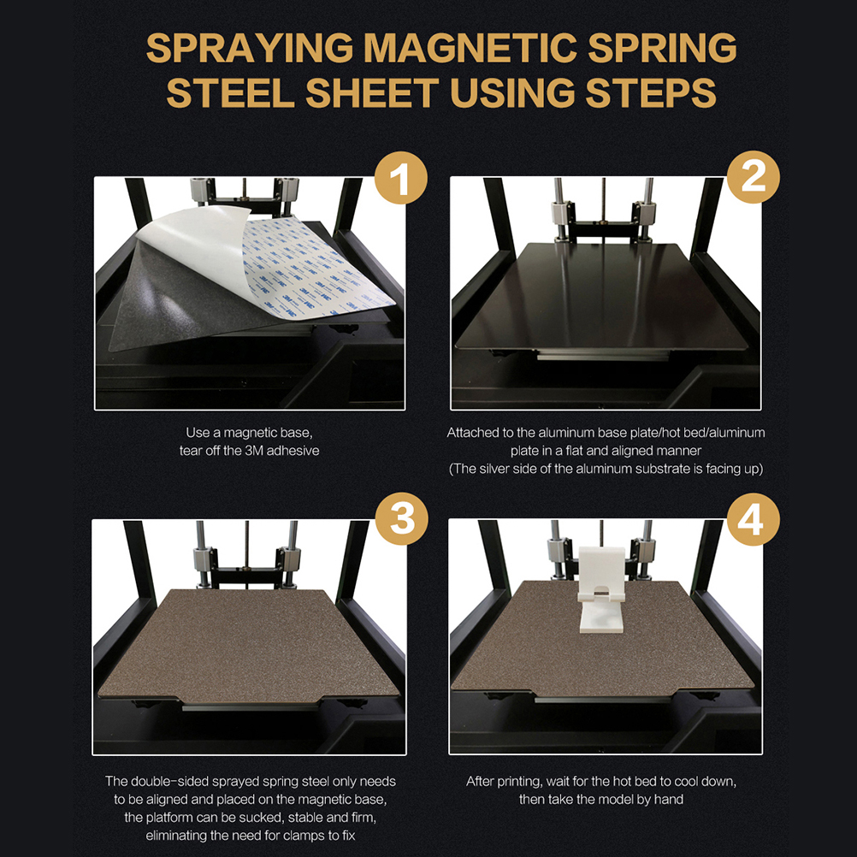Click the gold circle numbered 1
(400, 178)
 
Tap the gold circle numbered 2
(754, 177)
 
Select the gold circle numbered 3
(402, 518)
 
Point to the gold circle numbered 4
(754, 519)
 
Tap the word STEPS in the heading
(650, 92)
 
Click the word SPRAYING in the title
(250, 48)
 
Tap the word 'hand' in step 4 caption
(669, 800)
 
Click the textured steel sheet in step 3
(249, 645)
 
